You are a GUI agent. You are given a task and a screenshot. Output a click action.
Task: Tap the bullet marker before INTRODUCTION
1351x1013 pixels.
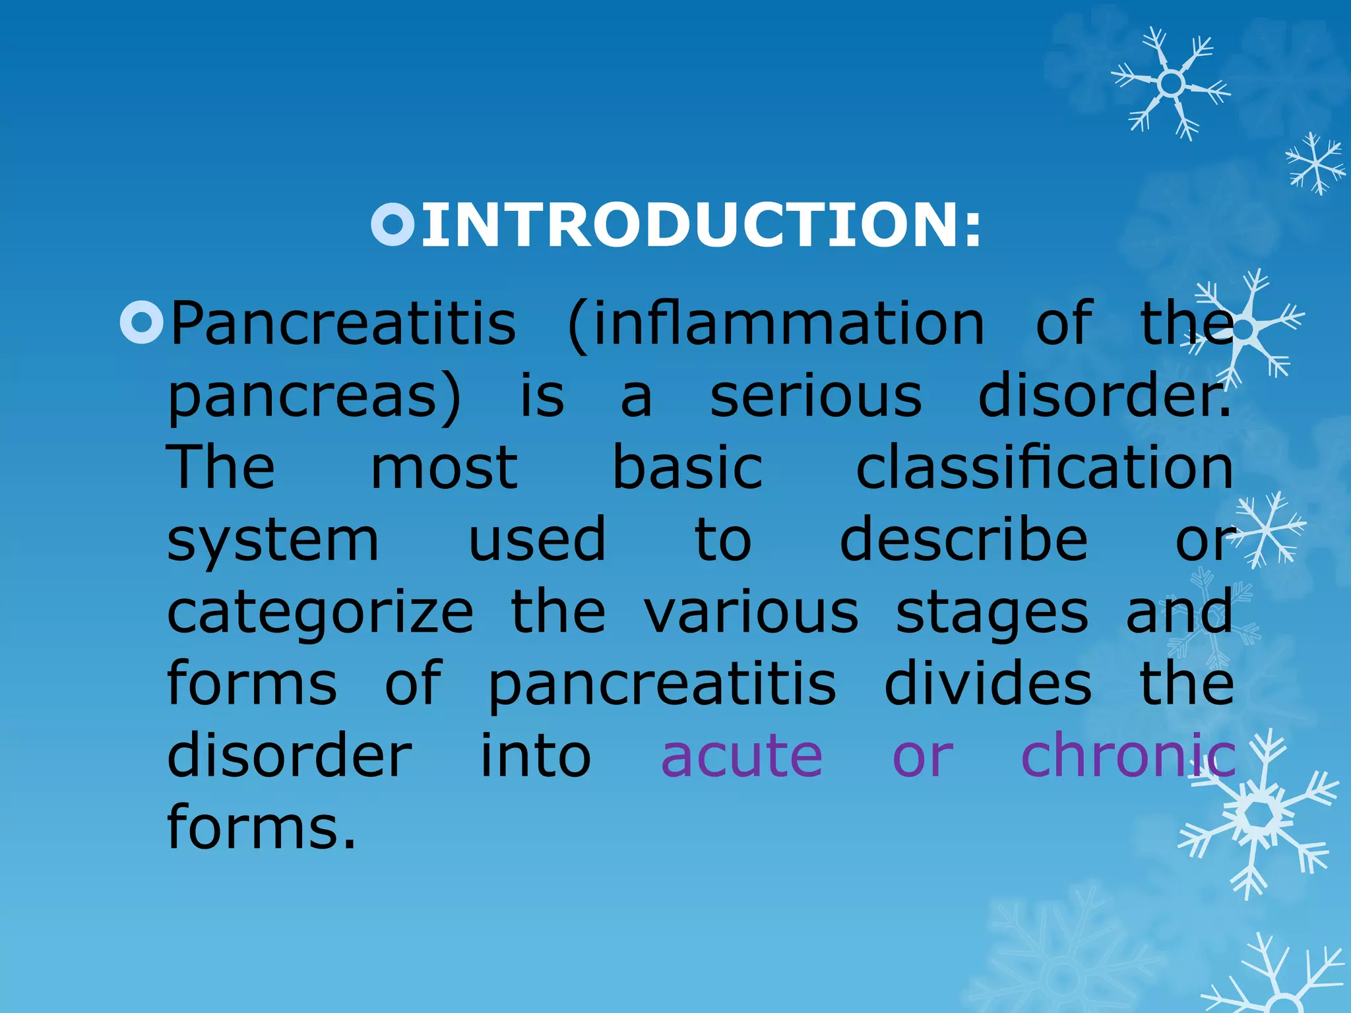click(x=393, y=225)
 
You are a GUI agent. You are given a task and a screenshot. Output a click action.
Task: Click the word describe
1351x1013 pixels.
click(x=963, y=539)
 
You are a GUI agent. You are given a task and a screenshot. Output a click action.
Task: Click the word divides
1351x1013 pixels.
click(x=988, y=683)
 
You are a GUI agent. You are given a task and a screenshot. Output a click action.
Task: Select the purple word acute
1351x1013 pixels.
click(x=741, y=756)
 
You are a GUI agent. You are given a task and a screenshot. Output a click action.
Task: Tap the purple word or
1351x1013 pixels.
click(x=922, y=757)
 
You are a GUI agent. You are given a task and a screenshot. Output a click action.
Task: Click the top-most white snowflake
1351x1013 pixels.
click(x=1170, y=84)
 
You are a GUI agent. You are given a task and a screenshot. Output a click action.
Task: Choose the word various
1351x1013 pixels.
click(x=751, y=612)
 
